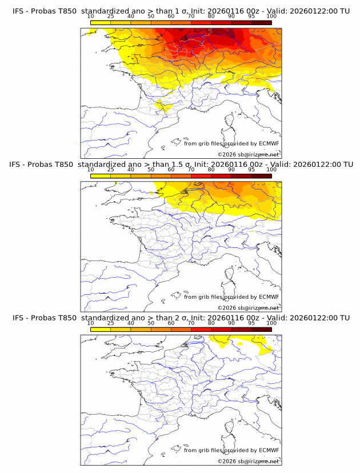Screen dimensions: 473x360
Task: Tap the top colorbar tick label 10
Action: [90, 16]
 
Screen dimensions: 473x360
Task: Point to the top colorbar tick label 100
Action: [271, 16]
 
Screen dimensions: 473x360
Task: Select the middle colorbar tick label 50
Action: [151, 170]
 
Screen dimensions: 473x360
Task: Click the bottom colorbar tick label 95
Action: [251, 323]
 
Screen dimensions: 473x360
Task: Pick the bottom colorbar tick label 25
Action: [110, 323]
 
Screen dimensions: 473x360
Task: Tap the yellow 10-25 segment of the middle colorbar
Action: [101, 175]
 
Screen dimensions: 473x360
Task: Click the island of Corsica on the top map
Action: [230, 122]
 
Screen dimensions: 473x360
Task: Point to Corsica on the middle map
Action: [230, 275]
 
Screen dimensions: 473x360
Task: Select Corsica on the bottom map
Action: [230, 428]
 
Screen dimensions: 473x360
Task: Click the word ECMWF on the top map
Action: [269, 143]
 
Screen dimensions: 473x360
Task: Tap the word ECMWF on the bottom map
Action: [269, 450]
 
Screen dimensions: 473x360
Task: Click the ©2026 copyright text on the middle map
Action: [248, 308]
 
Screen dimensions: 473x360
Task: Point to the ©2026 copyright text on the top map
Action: [248, 155]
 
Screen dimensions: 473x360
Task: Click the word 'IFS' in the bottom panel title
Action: [18, 318]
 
